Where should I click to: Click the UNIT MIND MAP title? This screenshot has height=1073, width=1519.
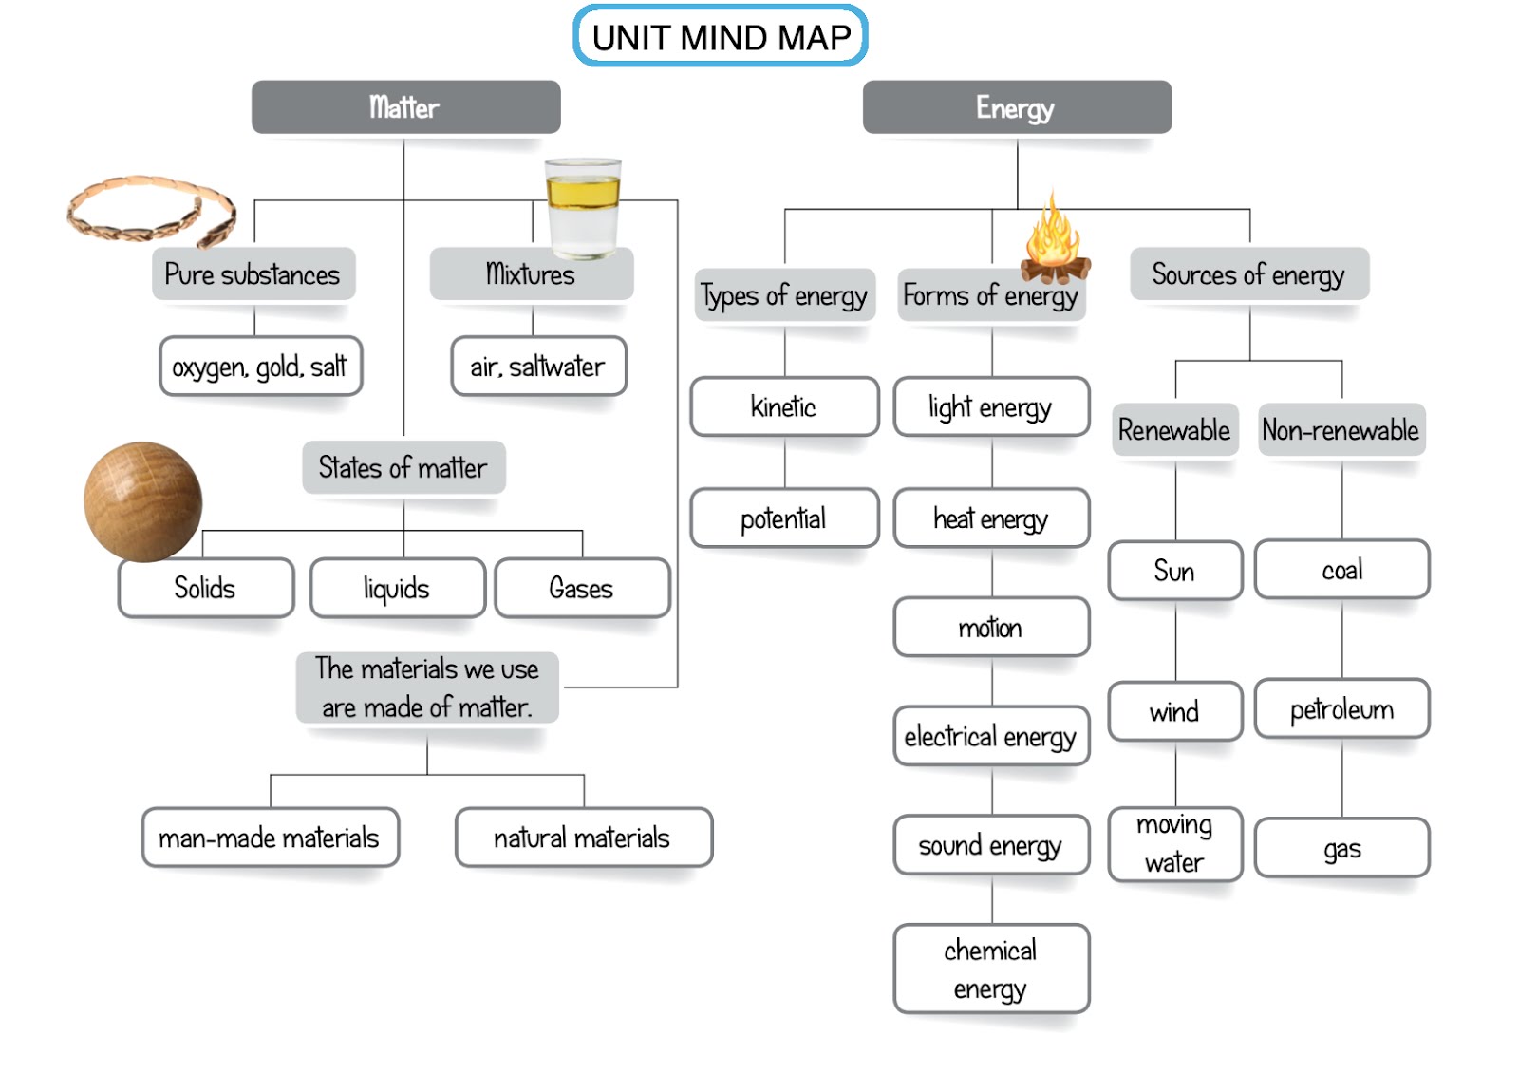721,37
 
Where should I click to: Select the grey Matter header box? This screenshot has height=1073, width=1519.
405,107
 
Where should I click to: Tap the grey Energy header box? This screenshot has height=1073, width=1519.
1016,107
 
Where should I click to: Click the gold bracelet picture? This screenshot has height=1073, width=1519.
150,210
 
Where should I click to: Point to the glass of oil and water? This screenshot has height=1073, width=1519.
583,208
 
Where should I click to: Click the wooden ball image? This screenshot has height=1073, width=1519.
142,500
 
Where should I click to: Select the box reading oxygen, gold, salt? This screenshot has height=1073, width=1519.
260,367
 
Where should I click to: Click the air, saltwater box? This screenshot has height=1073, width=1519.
537,367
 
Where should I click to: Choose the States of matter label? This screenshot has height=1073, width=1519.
403,467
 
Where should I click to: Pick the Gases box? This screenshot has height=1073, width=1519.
581,588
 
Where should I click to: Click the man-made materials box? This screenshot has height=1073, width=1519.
270,838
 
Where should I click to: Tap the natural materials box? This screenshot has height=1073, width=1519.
583,838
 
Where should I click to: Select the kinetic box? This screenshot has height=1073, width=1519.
784,407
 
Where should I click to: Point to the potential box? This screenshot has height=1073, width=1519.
784,518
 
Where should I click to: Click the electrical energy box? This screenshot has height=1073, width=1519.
990,736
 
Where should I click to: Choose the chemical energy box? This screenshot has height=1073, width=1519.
990,969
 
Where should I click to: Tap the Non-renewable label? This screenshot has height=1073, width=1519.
1341,430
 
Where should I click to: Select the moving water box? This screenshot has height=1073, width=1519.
1174,843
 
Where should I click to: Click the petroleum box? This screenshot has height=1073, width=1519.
1341,709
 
